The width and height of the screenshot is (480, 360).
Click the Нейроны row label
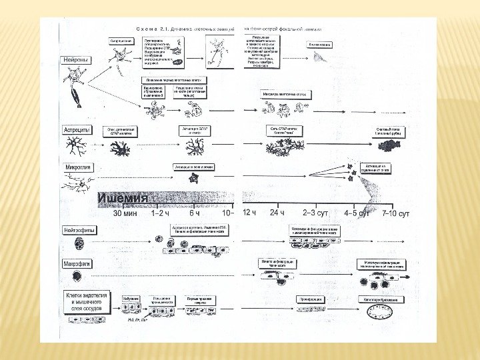pos(77,60)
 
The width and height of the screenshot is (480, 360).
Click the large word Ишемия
pos(123,198)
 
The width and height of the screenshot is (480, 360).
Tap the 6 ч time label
pos(195,215)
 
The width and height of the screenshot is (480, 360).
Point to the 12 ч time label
pos(250,213)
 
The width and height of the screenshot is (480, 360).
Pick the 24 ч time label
pos(277,213)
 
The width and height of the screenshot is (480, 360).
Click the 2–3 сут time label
pos(315,214)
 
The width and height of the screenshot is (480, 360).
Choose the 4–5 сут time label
pos(357,214)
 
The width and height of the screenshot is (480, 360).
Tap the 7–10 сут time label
pos(395,214)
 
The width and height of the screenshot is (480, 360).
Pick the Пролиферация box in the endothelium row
pos(310,299)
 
